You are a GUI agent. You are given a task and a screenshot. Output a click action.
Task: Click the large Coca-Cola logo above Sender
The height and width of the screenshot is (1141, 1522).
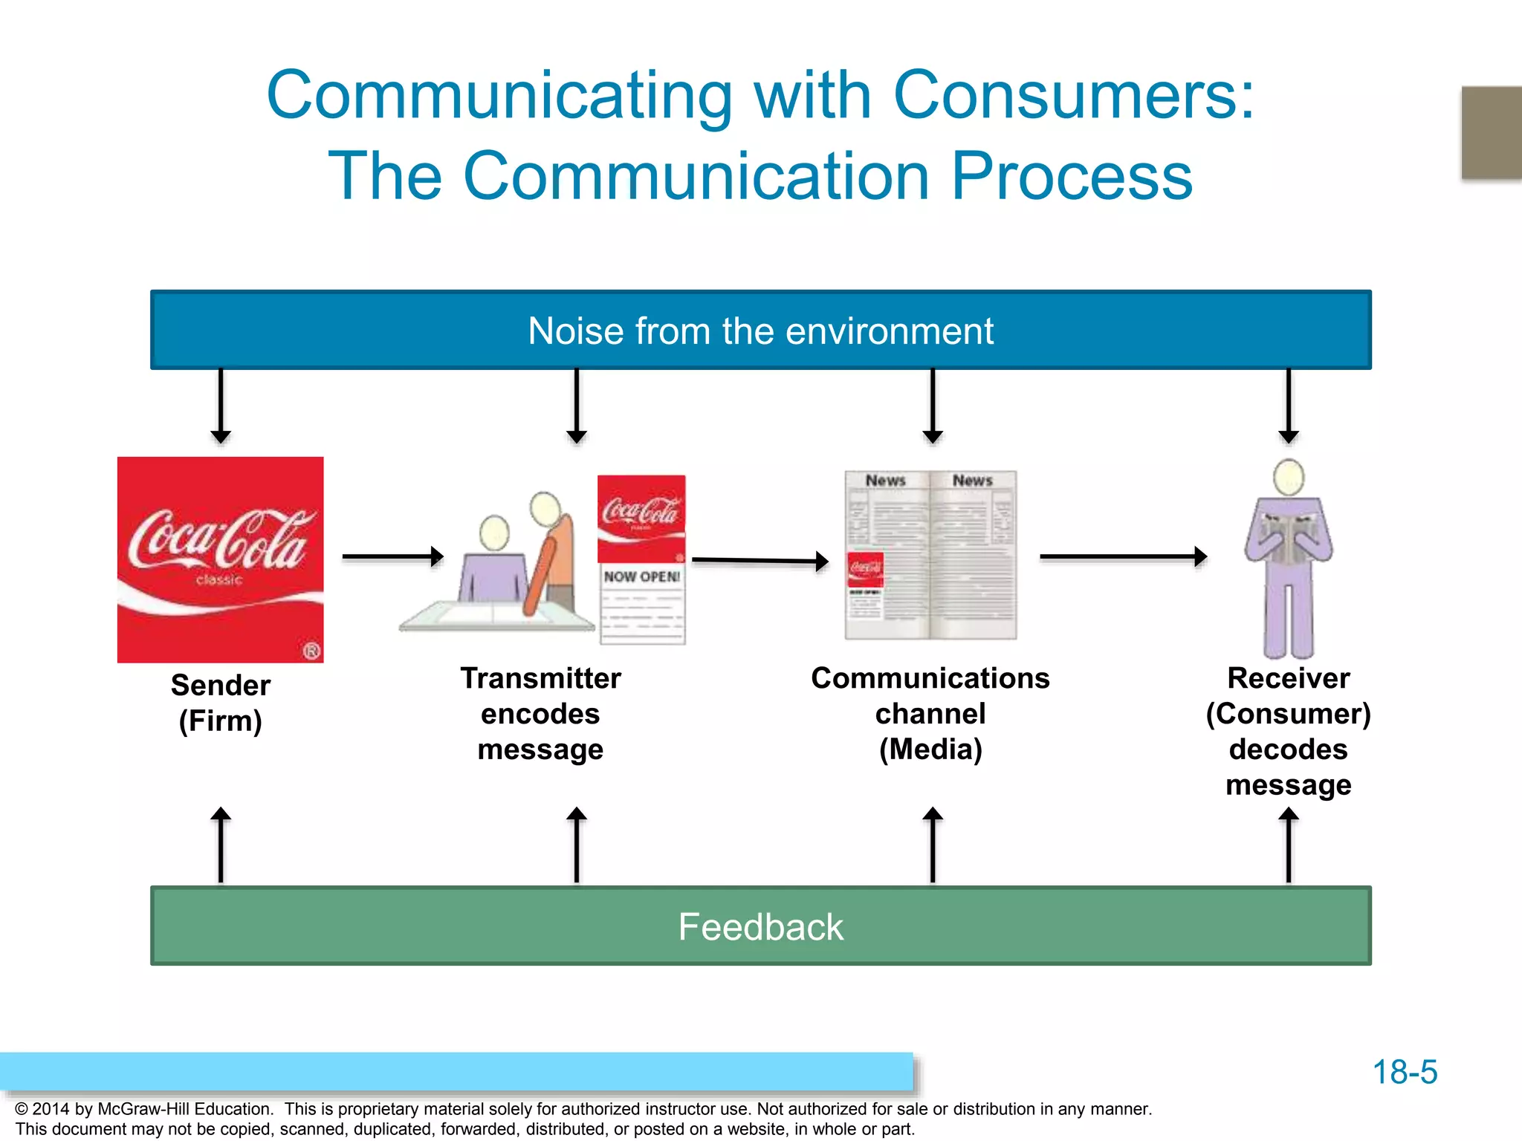[220, 559]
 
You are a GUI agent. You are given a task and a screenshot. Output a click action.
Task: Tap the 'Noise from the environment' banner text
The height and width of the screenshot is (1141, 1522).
[760, 331]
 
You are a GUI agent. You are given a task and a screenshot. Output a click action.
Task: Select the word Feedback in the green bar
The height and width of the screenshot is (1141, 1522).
[760, 927]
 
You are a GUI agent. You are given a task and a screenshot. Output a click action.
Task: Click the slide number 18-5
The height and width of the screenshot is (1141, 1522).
[1404, 1072]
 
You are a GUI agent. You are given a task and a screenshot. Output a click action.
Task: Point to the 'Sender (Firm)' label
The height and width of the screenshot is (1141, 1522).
[220, 703]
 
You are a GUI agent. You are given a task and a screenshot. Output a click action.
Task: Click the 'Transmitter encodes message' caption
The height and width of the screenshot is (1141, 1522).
[540, 713]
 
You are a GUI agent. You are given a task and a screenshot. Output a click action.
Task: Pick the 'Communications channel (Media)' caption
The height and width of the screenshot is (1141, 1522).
[930, 713]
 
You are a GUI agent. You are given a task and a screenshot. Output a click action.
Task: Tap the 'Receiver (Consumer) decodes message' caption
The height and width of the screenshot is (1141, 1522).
[1288, 731]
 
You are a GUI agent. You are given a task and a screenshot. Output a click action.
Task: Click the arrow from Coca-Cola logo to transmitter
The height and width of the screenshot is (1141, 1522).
[392, 556]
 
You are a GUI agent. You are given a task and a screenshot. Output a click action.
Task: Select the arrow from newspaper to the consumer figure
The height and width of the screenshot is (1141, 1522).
[1122, 556]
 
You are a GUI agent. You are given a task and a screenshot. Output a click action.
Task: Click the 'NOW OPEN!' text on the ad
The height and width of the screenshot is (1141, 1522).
[641, 576]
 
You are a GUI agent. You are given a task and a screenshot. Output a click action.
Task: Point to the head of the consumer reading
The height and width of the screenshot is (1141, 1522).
[1288, 477]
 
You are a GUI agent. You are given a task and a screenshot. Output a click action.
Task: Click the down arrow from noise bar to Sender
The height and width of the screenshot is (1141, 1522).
[220, 406]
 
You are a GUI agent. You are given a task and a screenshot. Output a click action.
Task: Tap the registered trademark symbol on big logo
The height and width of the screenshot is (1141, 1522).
[311, 651]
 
